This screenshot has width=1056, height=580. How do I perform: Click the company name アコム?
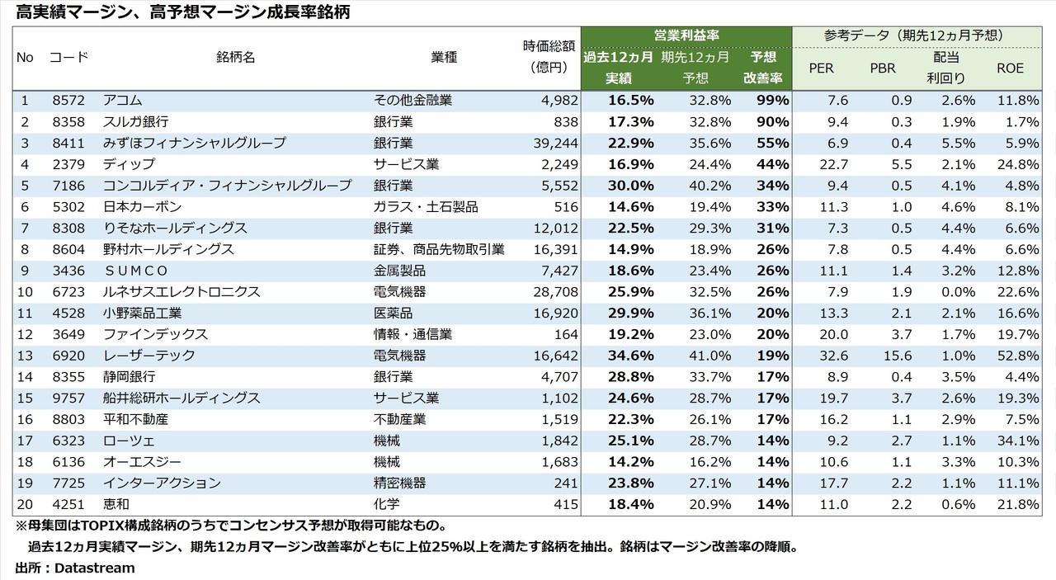pos(123,101)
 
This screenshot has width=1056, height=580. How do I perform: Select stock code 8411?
pos(67,143)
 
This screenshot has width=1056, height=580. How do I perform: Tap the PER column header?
pos(821,68)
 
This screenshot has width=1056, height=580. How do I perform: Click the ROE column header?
pos(1010,68)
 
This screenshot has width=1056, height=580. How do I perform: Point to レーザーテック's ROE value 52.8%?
pos(1016,356)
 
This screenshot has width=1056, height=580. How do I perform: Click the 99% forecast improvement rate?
pos(772,101)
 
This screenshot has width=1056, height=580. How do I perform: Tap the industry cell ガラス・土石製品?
pos(426,206)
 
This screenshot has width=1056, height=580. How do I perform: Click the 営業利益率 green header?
pos(686,35)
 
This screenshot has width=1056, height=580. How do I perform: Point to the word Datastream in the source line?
pos(95,568)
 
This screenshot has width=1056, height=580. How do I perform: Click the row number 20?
pos(25,504)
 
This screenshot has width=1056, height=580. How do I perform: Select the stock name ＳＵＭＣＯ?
pos(136,271)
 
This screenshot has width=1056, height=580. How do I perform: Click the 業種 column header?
pos(444,57)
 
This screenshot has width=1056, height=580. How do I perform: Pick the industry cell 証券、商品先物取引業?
pos(439,249)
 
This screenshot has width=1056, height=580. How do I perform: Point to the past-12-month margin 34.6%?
pos(631,356)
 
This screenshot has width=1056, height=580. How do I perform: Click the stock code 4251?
pos(67,504)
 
